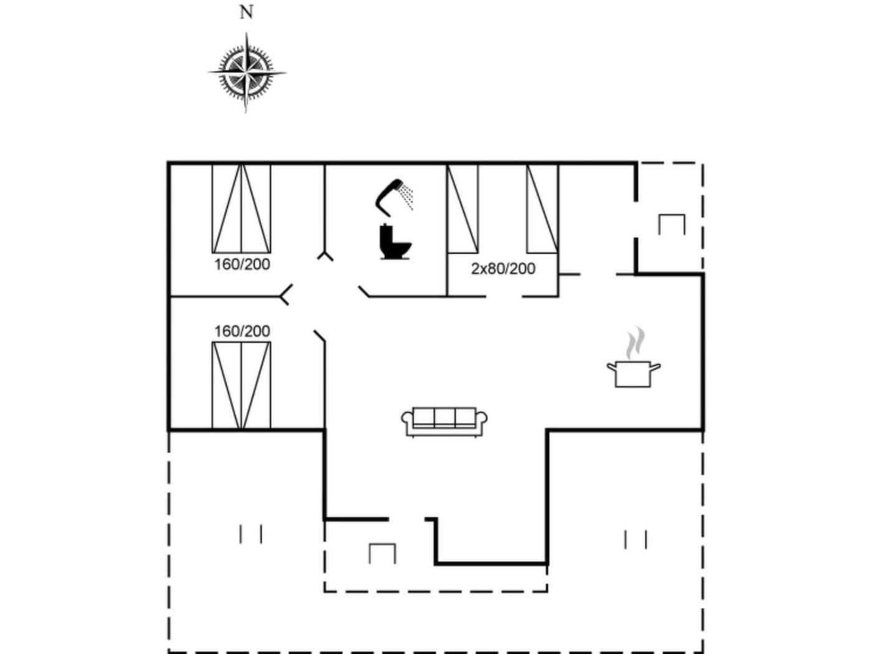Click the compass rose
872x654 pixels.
(246, 73)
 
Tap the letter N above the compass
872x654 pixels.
(246, 12)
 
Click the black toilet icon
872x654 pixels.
(395, 242)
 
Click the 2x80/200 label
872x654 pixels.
(503, 269)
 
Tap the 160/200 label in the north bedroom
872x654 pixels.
(242, 265)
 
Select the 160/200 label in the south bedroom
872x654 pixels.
(242, 331)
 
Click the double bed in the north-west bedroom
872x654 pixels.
(241, 209)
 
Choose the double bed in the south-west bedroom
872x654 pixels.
(241, 386)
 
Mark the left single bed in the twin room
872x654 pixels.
(462, 209)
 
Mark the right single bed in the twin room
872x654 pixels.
(543, 209)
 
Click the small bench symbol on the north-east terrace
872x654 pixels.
(671, 225)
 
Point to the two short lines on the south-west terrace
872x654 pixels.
(250, 534)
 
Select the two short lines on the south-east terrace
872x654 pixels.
(636, 539)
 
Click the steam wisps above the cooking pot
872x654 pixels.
(635, 343)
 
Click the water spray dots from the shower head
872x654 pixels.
(406, 197)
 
